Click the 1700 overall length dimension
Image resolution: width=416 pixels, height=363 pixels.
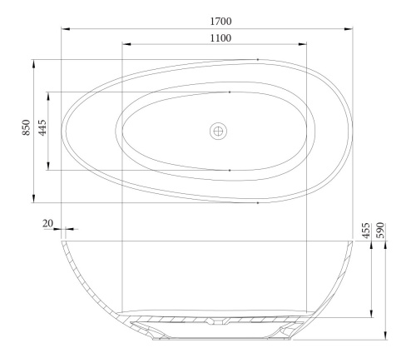[x=220, y=20]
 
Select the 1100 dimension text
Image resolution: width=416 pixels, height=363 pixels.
[x=220, y=37]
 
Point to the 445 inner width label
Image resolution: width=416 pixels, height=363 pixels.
[x=42, y=129]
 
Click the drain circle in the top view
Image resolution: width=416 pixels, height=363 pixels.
[x=218, y=130]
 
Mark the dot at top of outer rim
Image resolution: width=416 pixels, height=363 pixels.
[x=258, y=59]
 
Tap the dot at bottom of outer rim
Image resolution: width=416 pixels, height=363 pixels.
[x=258, y=202]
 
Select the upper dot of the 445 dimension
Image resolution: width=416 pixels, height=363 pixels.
[x=229, y=92]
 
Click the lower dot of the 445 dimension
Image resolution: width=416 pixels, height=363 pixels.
[x=229, y=170]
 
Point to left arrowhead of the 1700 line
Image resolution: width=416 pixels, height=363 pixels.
[x=66, y=29]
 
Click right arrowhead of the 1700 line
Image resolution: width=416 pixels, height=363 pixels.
[x=347, y=29]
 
